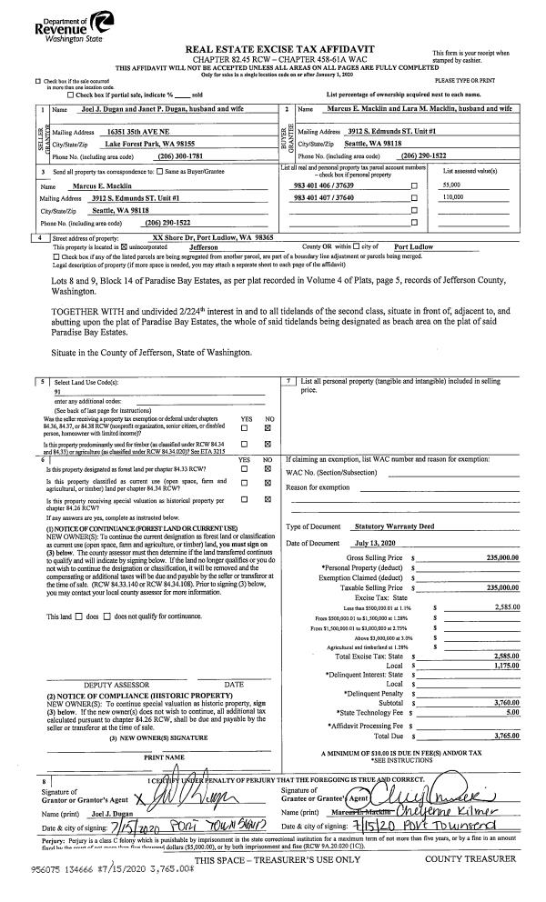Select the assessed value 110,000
(x=460, y=195)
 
